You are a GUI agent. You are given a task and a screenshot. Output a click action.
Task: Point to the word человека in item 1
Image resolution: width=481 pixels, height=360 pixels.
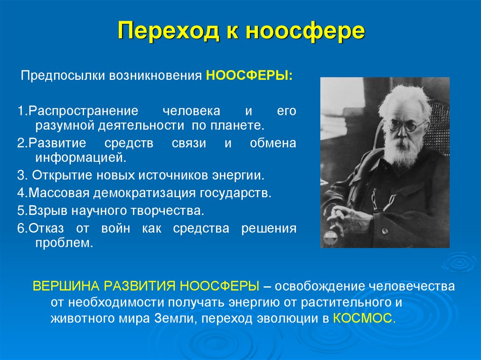pos(191,112)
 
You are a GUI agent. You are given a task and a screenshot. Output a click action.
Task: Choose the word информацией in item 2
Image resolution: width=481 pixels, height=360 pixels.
pos(80,157)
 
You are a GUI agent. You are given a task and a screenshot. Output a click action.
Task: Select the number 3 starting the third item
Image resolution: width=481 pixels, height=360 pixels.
pos(20,176)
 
